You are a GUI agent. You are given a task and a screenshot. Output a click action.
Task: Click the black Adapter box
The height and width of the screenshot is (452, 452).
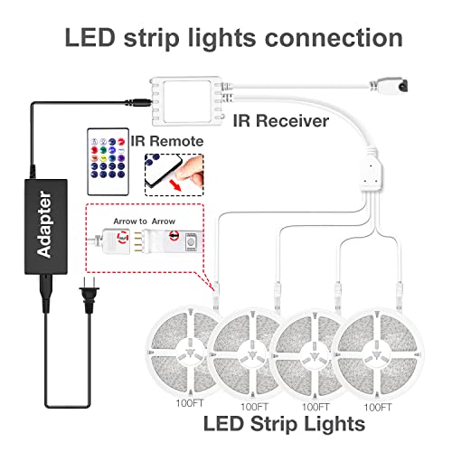46,227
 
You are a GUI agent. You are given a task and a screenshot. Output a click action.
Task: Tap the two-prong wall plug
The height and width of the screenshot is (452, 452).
89,296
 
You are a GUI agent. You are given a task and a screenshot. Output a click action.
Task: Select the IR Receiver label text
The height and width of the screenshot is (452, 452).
281,121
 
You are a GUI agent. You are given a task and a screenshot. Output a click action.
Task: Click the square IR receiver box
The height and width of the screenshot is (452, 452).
187,101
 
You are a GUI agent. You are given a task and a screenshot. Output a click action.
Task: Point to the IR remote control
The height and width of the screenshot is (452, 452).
108,162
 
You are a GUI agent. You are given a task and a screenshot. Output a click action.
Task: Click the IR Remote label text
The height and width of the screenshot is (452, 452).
167,141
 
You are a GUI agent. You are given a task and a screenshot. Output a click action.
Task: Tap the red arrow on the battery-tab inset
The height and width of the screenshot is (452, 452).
174,184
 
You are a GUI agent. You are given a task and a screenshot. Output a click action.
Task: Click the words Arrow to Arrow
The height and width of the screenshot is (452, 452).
144,221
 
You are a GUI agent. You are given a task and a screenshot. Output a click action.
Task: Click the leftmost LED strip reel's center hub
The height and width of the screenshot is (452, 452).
190,353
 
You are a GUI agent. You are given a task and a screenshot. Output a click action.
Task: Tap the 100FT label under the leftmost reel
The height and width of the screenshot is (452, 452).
190,403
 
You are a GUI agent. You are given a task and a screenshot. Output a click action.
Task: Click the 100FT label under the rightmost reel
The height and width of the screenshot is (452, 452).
378,408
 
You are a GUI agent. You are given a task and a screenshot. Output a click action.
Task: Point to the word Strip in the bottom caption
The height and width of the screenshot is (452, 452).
274,424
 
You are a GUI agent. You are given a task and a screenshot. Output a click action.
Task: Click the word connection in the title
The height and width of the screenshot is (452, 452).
334,38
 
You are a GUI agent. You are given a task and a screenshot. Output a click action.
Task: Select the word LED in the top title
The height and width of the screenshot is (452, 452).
89,38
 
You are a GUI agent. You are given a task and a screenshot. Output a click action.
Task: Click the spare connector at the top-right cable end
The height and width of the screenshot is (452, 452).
389,86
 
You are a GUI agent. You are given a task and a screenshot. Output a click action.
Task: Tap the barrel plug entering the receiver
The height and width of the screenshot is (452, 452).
138,102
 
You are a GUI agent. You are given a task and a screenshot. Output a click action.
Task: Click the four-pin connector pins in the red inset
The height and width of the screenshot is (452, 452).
137,241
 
